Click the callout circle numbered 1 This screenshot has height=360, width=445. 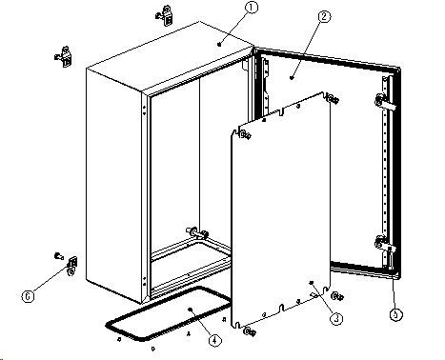(x=252, y=8)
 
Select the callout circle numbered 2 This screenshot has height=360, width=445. (x=324, y=17)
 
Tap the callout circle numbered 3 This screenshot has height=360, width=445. (x=336, y=318)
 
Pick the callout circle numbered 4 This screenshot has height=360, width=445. (x=214, y=341)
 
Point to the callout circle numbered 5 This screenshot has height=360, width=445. (x=395, y=314)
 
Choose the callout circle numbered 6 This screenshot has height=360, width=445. (x=28, y=296)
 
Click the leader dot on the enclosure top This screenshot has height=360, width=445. (x=219, y=44)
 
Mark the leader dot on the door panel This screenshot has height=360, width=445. (x=292, y=77)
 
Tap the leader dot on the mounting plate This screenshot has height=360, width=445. (x=312, y=282)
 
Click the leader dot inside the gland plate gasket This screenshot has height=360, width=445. (x=191, y=309)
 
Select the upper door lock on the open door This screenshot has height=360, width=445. (x=385, y=102)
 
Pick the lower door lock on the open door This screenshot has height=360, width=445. (x=385, y=244)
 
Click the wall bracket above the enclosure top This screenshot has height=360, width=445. (x=165, y=15)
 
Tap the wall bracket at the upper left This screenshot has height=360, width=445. (x=64, y=57)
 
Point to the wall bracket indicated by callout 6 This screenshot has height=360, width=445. (x=72, y=266)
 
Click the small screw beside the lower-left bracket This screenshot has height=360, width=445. (x=59, y=255)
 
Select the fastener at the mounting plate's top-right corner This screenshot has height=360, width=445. (x=333, y=99)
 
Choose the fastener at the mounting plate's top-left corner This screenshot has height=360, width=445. (x=245, y=135)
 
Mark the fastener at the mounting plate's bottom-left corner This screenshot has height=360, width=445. (x=250, y=331)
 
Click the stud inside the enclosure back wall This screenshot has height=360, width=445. (x=197, y=233)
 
